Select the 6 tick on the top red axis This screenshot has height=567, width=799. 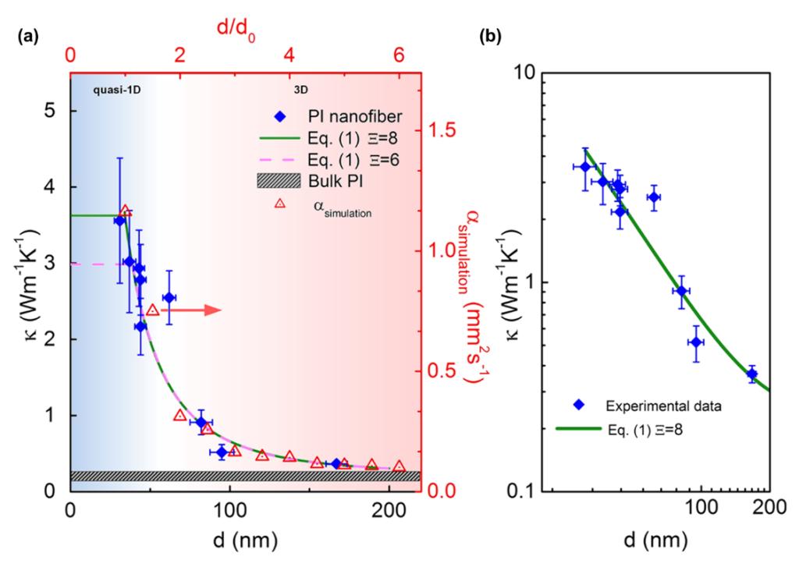tap(399, 56)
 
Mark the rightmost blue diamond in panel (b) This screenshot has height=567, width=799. tap(752, 374)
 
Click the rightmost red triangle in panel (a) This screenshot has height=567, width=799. tap(399, 466)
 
